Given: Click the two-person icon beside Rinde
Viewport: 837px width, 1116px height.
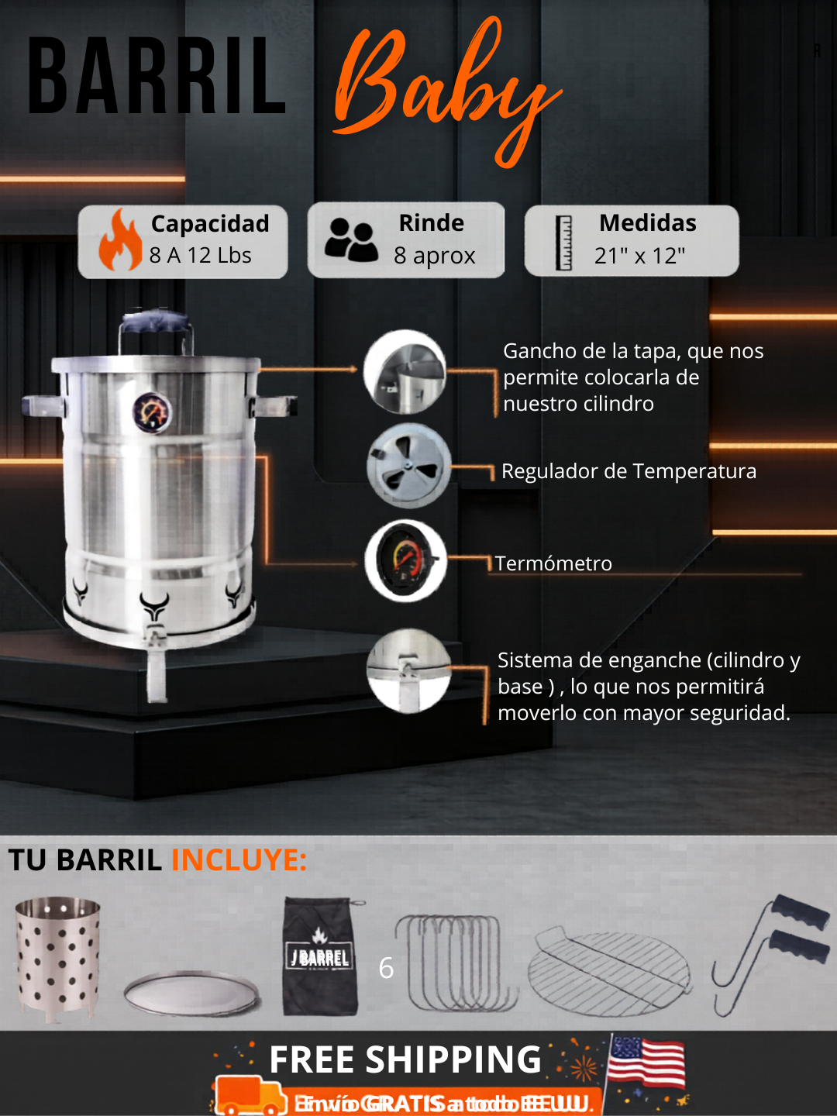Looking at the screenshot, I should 351,239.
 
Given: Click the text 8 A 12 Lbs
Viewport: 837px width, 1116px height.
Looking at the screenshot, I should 200,255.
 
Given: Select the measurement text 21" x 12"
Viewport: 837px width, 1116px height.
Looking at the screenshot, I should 639,256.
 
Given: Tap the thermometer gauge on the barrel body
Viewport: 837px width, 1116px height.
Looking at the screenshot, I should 152,412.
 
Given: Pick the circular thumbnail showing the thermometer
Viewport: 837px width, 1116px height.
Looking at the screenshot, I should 405,560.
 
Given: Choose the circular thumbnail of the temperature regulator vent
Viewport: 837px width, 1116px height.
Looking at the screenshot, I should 408,466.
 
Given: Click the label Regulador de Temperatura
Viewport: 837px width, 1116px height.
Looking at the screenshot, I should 629,471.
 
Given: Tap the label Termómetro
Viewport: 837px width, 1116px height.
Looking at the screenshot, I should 553,563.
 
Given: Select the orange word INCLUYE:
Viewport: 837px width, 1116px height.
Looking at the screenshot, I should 239,860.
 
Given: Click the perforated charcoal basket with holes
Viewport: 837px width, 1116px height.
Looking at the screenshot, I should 58,957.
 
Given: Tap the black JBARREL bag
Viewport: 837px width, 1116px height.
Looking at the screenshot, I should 321,957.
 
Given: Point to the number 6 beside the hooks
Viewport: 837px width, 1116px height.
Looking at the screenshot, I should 386,968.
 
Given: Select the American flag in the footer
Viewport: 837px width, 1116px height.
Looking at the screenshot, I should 646,1063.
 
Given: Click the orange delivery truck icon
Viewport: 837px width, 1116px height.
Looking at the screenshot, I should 250,1095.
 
